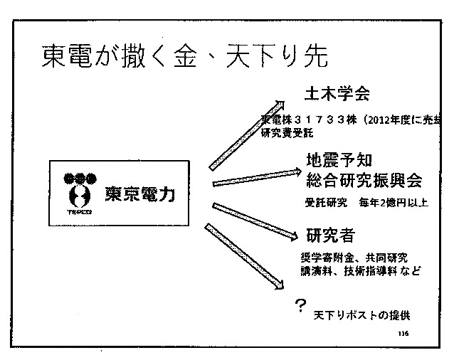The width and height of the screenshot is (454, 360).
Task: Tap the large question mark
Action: (301, 305)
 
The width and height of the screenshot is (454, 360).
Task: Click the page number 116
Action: (403, 333)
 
